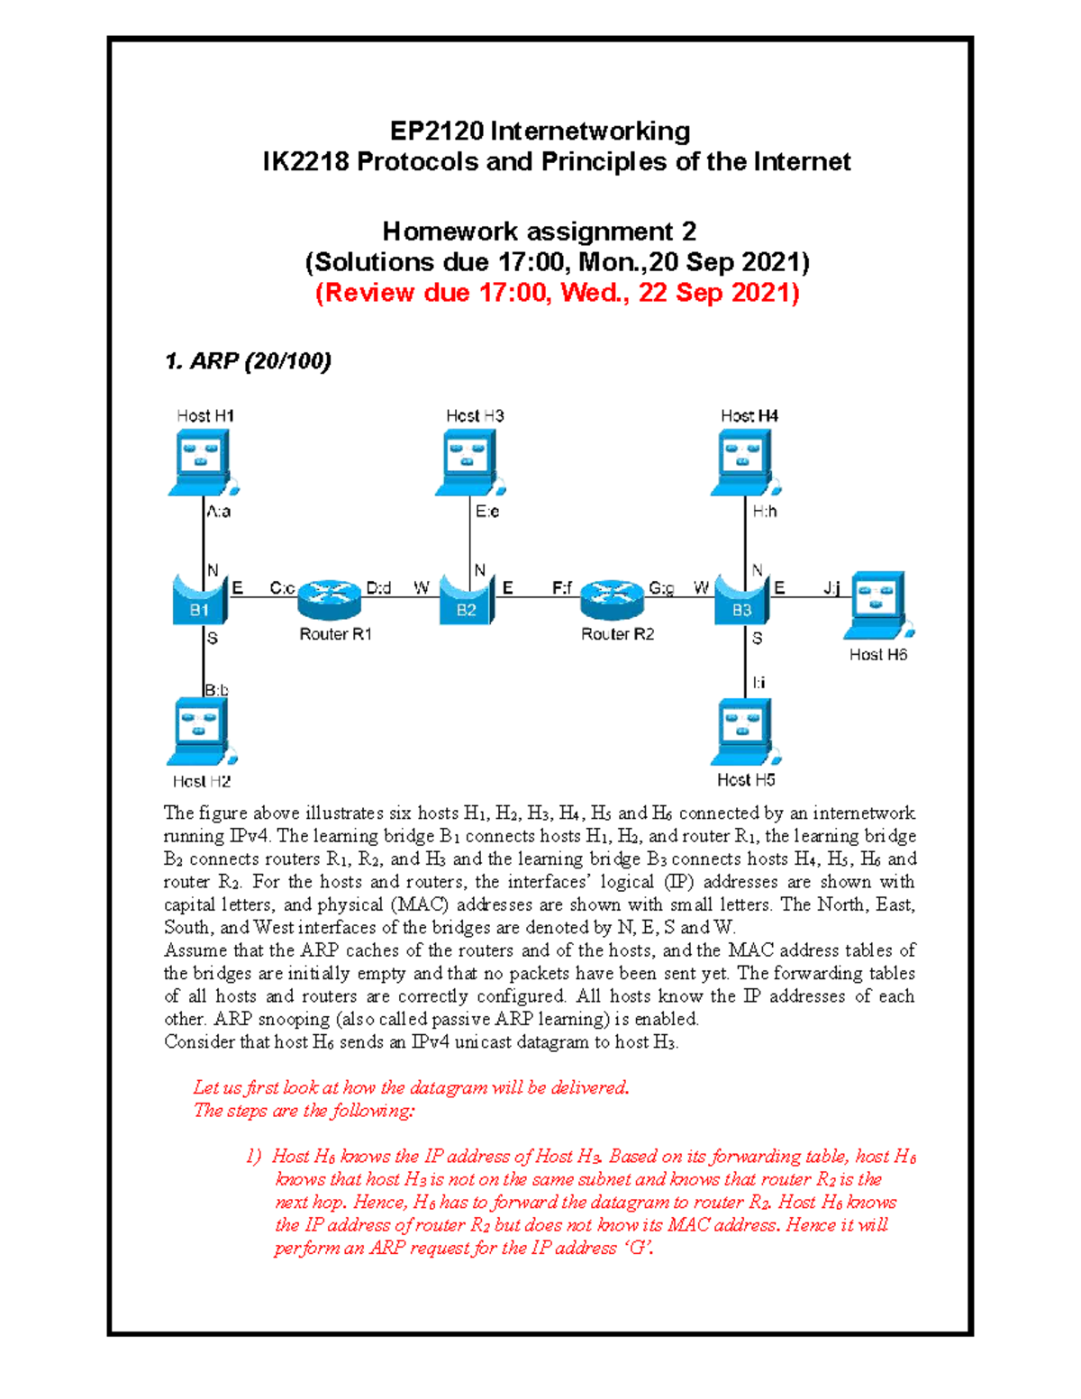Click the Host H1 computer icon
[202, 461]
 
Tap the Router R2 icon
[612, 598]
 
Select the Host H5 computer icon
[745, 731]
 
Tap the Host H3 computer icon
[468, 461]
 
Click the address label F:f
[561, 588]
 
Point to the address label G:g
[661, 588]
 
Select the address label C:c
[282, 588]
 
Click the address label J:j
[831, 588]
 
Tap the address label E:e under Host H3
[487, 512]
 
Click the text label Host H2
[202, 781]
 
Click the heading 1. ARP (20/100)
[248, 361]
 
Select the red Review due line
[557, 293]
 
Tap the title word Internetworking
[590, 132]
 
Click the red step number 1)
[254, 1156]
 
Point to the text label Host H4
[749, 415]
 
